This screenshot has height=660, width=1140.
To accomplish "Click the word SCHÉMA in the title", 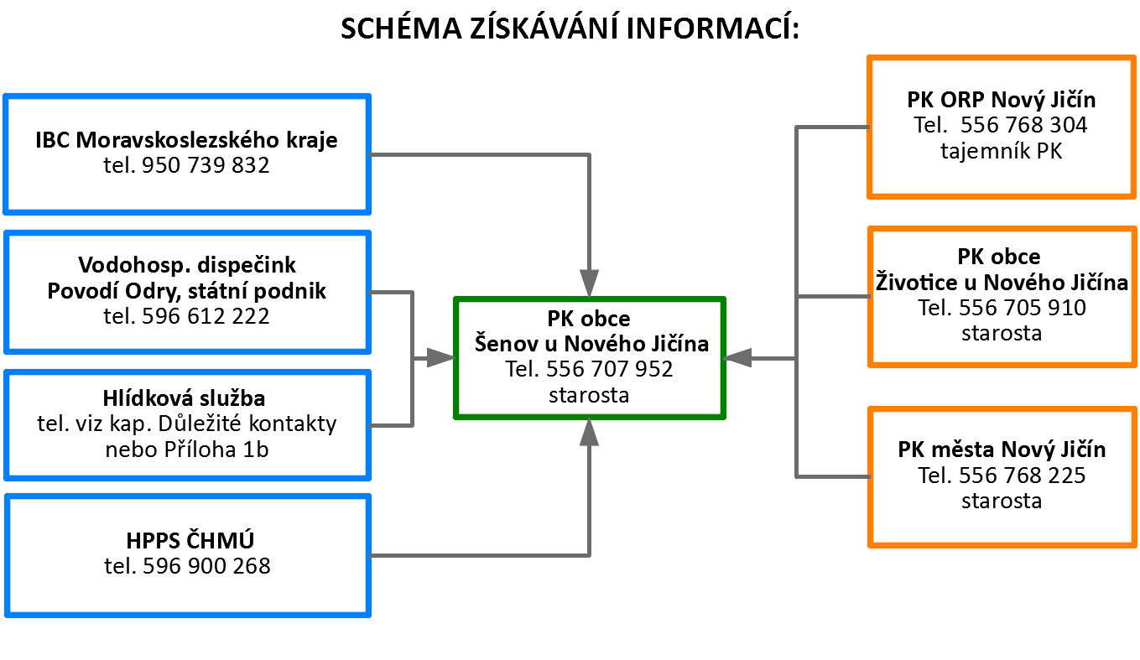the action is [x=401, y=29].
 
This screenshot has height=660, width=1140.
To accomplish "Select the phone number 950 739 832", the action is [x=206, y=165].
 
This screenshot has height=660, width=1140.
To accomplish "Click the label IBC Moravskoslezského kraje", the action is [x=186, y=140].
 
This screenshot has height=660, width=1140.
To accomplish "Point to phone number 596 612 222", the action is [x=206, y=316].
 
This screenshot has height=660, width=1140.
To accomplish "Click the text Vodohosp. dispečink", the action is [x=187, y=265].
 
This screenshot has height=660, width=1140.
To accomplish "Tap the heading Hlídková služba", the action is [x=184, y=398].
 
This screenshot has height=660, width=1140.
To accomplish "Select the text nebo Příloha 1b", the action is [x=187, y=450].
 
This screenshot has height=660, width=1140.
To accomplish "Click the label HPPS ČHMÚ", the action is [x=190, y=540].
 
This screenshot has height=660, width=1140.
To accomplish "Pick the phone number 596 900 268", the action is [x=206, y=566].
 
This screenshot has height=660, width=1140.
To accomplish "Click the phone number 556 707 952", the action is [x=609, y=370].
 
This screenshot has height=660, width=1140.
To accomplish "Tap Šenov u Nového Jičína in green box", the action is [x=591, y=344].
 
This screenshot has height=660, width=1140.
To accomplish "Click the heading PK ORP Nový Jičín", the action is [x=1002, y=100].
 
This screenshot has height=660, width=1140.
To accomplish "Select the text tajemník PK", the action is [x=1002, y=151].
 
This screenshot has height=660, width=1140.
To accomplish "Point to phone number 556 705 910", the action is [x=1023, y=308].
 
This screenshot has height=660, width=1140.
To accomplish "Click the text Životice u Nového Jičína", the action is [x=1002, y=283].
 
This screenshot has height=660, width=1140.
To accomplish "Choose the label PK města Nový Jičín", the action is [x=1002, y=450].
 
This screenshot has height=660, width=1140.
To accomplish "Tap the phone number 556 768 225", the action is [x=1023, y=476].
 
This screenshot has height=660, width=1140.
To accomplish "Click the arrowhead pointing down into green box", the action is [x=590, y=283].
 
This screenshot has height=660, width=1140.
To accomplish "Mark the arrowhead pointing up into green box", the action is [x=590, y=432].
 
